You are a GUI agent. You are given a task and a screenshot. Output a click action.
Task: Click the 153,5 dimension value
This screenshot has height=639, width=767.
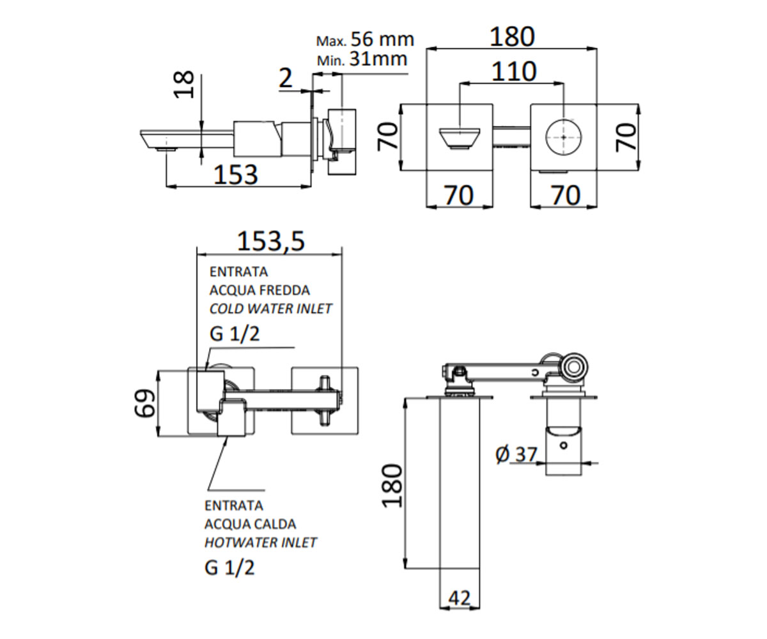coord(271,242)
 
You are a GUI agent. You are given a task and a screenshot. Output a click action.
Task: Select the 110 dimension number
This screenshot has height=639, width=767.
coord(514,72)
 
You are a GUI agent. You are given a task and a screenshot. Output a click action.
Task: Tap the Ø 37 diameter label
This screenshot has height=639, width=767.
coord(516,454)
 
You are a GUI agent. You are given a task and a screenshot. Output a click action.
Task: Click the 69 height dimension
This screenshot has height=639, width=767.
coord(144,403)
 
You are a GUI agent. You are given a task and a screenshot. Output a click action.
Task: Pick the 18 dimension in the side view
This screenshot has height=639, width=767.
coord(183,84)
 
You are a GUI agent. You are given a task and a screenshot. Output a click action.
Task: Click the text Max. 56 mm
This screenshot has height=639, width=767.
coord(365,39)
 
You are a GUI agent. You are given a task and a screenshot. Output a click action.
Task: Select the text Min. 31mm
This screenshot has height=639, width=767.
coord(362,59)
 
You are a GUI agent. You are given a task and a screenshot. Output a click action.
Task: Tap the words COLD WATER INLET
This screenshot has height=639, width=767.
coord(271,309)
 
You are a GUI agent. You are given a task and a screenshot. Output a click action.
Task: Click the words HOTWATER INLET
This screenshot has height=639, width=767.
coord(260,543)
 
